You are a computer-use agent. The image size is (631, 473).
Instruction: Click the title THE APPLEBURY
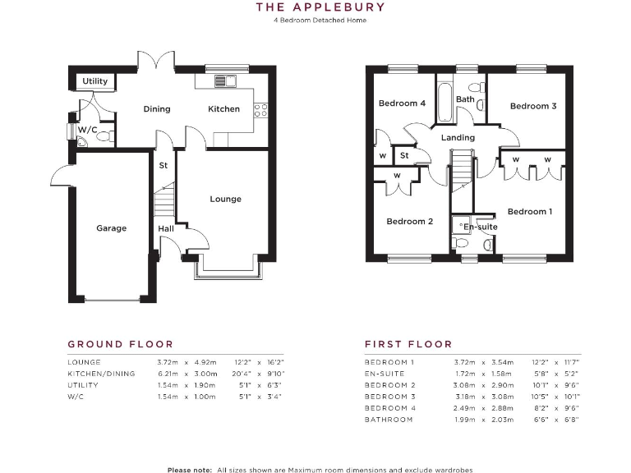(320, 7)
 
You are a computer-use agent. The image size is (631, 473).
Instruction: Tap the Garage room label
(111, 228)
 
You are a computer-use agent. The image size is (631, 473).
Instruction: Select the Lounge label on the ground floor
(225, 199)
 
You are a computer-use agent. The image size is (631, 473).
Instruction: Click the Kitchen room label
(223, 109)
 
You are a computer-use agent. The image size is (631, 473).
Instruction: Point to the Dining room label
(157, 109)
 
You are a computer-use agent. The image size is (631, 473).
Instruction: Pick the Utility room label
(94, 81)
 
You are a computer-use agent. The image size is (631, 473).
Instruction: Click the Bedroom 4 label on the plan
(402, 103)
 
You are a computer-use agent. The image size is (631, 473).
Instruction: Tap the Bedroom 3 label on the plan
(533, 106)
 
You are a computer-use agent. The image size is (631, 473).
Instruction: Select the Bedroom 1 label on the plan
(530, 212)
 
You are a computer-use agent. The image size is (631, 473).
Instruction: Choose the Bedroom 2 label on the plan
(409, 221)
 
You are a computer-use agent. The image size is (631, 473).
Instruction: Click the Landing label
(458, 137)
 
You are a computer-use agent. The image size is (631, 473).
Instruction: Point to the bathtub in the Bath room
(444, 103)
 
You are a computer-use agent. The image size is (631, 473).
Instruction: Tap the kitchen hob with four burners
(260, 108)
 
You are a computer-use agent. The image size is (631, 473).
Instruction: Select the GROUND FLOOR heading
(120, 344)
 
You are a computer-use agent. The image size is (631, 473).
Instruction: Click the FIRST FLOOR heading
(408, 344)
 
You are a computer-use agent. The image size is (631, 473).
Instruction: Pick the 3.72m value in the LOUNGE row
(168, 362)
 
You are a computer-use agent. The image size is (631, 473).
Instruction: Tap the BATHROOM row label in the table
(389, 420)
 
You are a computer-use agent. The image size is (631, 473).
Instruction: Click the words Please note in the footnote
(190, 470)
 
